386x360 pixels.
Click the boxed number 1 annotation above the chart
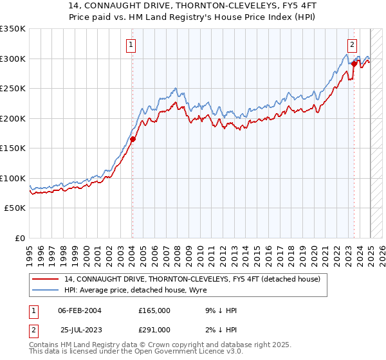coord(131,45)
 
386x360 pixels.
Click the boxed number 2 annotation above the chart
coord(353,45)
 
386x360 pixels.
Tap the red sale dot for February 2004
coord(133,139)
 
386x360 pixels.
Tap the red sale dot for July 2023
coord(354,64)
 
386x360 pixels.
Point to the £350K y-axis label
coord(13,29)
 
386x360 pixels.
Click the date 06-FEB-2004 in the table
coord(79,310)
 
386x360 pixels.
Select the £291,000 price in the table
coord(154,329)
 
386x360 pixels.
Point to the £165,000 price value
coord(154,310)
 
